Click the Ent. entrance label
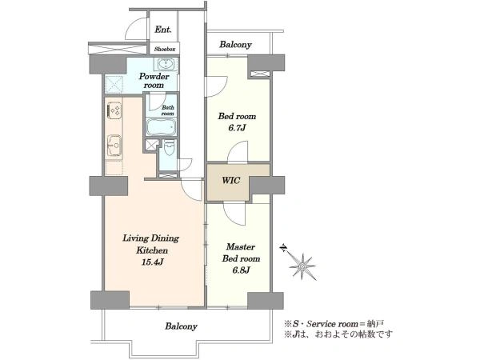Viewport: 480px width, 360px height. click(x=163, y=30)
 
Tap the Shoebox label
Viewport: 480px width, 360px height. click(x=165, y=49)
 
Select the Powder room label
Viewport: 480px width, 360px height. click(x=154, y=81)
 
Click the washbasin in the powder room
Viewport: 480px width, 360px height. click(x=166, y=64)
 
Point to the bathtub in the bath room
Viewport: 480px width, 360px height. click(x=161, y=127)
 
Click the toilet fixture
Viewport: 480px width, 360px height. click(x=169, y=148)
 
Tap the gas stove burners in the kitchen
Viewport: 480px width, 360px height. click(x=114, y=110)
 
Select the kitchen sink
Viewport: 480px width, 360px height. click(x=114, y=146)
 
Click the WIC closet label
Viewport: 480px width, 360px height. click(x=230, y=180)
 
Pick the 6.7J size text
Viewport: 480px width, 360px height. click(x=237, y=128)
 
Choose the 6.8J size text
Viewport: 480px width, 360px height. click(x=242, y=270)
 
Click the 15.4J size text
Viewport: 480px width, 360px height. click(x=151, y=262)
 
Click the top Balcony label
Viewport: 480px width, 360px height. click(x=235, y=45)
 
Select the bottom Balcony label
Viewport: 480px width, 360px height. click(x=181, y=326)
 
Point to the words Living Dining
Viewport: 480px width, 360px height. click(x=151, y=238)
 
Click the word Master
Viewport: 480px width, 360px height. click(x=241, y=246)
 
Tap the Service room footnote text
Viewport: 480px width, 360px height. click(x=334, y=324)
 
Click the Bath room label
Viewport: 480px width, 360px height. click(x=167, y=110)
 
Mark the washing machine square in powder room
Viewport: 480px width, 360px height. click(x=114, y=84)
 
